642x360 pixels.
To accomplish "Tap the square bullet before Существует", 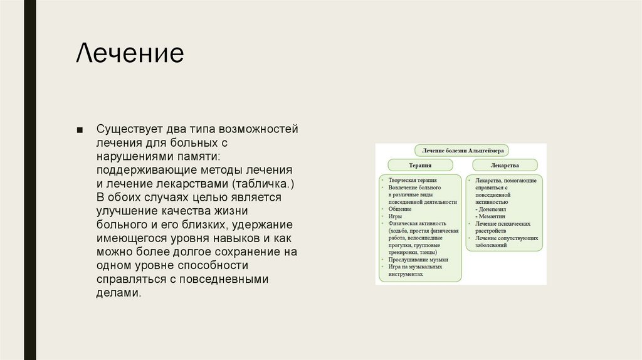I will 80,130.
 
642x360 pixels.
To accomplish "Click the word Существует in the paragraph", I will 129,129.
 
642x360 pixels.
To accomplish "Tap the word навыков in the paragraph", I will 234,238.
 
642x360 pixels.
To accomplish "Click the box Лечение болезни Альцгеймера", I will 461,151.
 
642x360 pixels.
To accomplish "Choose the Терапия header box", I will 420,166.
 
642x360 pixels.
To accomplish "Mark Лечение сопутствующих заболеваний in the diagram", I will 499,241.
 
